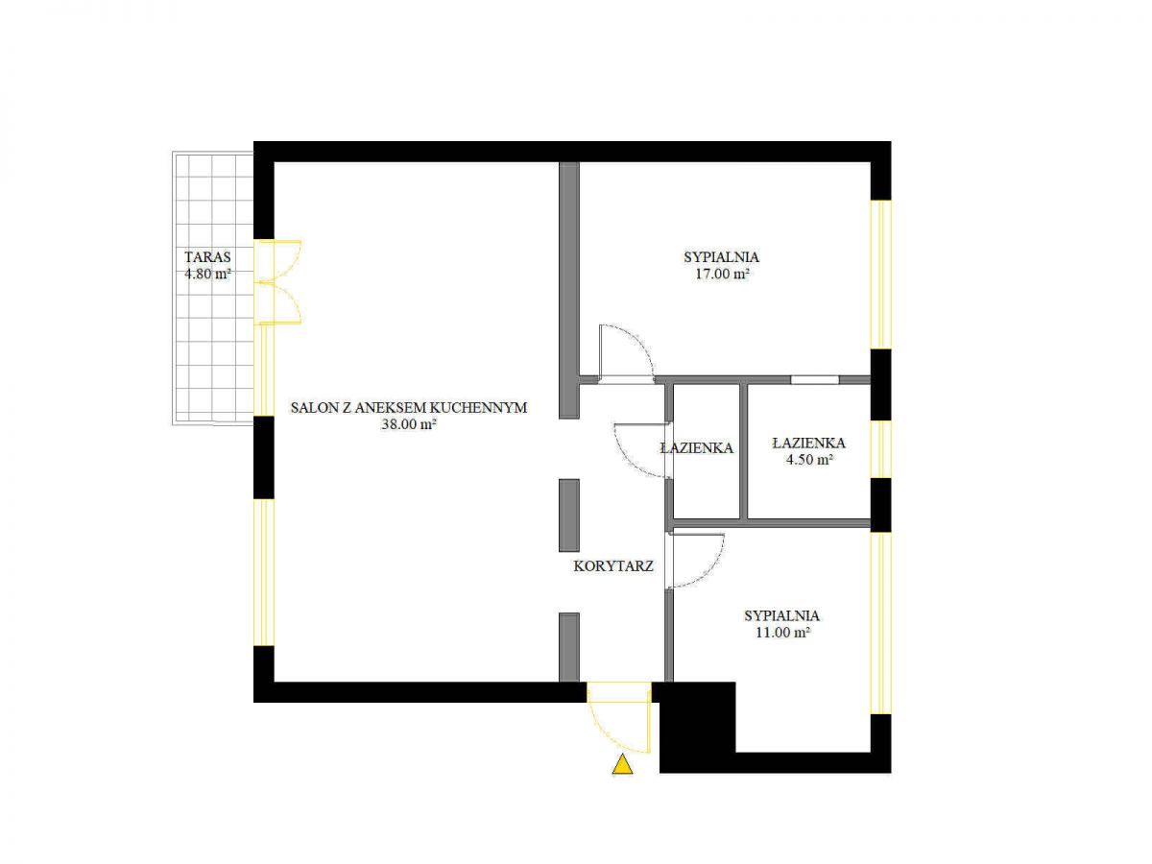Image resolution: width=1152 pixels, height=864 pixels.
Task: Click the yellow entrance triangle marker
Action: [622, 764]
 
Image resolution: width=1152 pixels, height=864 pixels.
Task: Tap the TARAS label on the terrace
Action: [207, 257]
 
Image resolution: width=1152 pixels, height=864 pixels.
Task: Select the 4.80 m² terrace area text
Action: [207, 274]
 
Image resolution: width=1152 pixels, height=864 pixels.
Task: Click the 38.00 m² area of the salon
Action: [409, 424]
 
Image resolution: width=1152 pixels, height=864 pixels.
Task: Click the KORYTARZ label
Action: [613, 566]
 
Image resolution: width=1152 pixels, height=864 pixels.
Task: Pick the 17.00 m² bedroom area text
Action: [722, 274]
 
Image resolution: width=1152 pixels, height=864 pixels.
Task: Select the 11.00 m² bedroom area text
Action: [782, 632]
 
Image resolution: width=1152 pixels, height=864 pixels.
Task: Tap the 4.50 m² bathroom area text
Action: [809, 460]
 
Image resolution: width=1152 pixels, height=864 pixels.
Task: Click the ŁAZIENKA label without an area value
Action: [696, 448]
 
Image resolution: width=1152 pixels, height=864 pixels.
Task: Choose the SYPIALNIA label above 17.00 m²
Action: [722, 257]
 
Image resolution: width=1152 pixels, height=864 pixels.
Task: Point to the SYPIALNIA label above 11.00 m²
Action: [782, 615]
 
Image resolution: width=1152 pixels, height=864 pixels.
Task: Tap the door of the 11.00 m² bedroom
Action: [694, 561]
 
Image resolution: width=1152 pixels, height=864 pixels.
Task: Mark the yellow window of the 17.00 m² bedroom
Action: [880, 275]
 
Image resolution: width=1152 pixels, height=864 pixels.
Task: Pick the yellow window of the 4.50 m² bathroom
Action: [880, 449]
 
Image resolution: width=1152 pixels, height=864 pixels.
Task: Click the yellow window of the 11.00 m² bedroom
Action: [880, 623]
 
